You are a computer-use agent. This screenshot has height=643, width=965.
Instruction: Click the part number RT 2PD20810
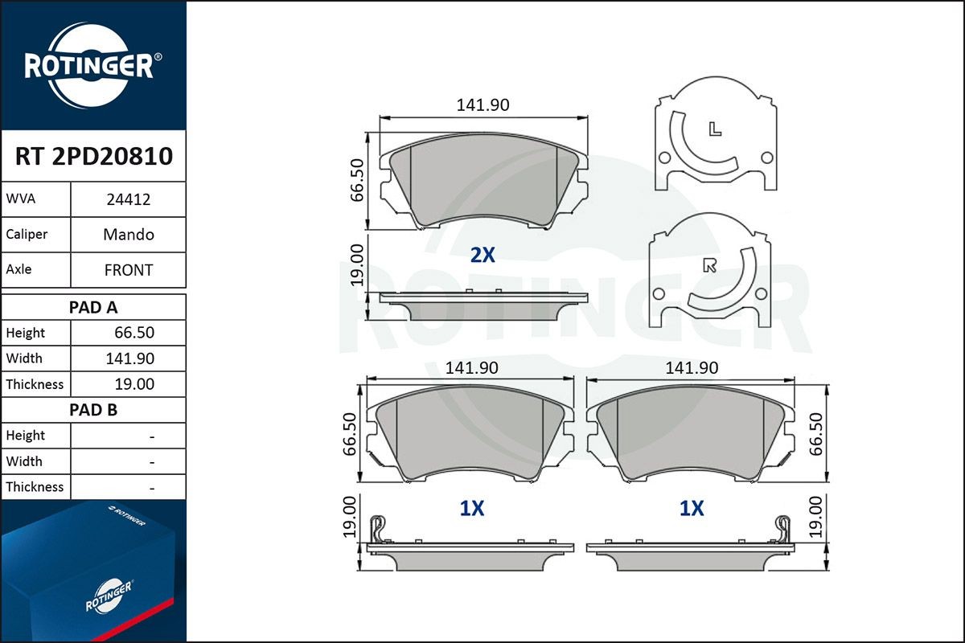[x=93, y=156]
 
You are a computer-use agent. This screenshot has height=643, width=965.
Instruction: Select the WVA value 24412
[x=129, y=200]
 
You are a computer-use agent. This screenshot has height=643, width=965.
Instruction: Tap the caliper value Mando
[x=129, y=235]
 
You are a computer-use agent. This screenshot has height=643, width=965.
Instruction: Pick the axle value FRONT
[x=129, y=270]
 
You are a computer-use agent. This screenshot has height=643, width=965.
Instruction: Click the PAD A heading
[x=93, y=307]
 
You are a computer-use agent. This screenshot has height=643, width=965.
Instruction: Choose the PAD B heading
[x=93, y=410]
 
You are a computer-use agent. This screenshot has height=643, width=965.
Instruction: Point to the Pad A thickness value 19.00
[x=134, y=384]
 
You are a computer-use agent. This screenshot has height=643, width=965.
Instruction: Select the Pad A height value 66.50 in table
[x=134, y=333]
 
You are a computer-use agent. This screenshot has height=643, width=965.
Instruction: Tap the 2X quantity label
[x=482, y=256]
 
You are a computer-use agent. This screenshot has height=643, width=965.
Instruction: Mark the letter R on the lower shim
[x=709, y=266]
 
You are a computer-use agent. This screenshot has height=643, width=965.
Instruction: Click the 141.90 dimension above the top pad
[x=483, y=105]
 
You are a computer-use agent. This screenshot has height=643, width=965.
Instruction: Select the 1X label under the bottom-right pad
[x=692, y=508]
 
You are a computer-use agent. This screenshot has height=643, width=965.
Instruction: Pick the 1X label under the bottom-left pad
[x=471, y=508]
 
